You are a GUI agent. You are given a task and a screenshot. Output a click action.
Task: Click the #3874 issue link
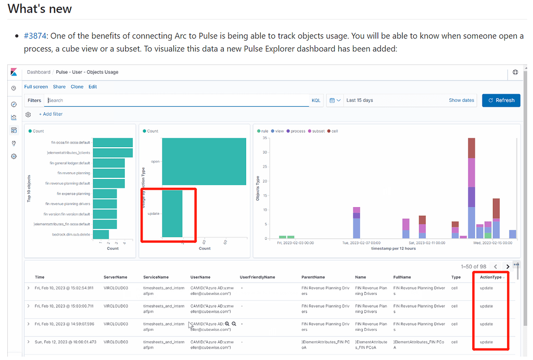coord(34,36)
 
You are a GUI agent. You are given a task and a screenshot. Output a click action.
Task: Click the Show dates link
coord(461,100)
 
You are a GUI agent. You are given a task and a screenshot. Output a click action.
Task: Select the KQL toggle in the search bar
coord(316,100)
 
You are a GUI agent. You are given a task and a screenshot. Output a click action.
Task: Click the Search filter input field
coord(177,100)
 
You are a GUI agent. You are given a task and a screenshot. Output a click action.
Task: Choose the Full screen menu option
coord(36,87)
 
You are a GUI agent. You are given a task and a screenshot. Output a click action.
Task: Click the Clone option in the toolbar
coord(77,87)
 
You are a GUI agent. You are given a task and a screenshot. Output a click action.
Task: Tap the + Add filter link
coord(50,114)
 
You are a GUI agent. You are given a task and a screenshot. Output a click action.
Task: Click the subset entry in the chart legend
coord(318,131)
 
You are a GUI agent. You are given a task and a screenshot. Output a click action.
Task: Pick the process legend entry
coord(298,131)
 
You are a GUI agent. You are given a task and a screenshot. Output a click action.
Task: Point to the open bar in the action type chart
coord(204,161)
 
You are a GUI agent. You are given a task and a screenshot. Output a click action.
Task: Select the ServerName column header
coord(115,277)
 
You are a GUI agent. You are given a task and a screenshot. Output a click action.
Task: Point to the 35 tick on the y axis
coord(265,138)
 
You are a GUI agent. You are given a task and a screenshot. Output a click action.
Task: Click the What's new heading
coord(40,9)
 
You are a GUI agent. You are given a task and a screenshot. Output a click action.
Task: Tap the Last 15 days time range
coord(360,100)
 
